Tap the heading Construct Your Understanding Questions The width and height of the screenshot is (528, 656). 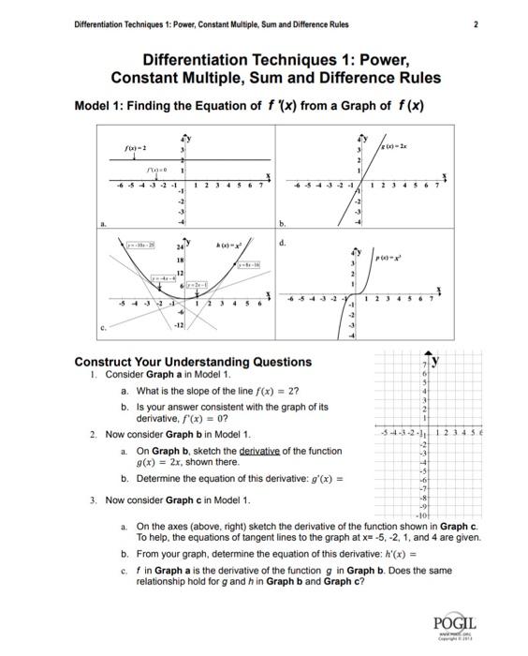coord(193,362)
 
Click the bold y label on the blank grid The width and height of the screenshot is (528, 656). coord(436,360)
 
